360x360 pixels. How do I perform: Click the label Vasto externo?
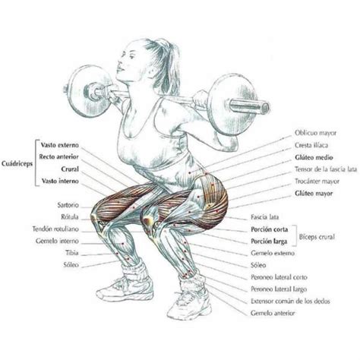60,145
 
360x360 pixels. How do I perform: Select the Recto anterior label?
58,157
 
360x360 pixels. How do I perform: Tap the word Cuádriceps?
17,164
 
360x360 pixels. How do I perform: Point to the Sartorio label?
68,205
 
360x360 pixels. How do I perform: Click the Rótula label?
70,216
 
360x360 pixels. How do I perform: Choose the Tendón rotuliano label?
55,229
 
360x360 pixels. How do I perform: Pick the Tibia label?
72,253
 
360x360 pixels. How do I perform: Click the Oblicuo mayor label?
315,133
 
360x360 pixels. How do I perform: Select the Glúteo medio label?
314,157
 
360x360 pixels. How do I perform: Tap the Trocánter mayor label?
317,182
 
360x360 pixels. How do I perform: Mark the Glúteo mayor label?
314,194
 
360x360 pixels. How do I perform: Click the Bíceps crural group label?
317,237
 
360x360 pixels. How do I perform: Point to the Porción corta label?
270,229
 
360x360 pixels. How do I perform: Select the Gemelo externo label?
273,253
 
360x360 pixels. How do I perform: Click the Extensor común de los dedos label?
290,302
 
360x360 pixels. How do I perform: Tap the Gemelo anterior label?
273,313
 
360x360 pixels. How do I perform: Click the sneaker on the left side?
125,289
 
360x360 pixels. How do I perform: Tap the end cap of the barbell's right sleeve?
264,107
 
